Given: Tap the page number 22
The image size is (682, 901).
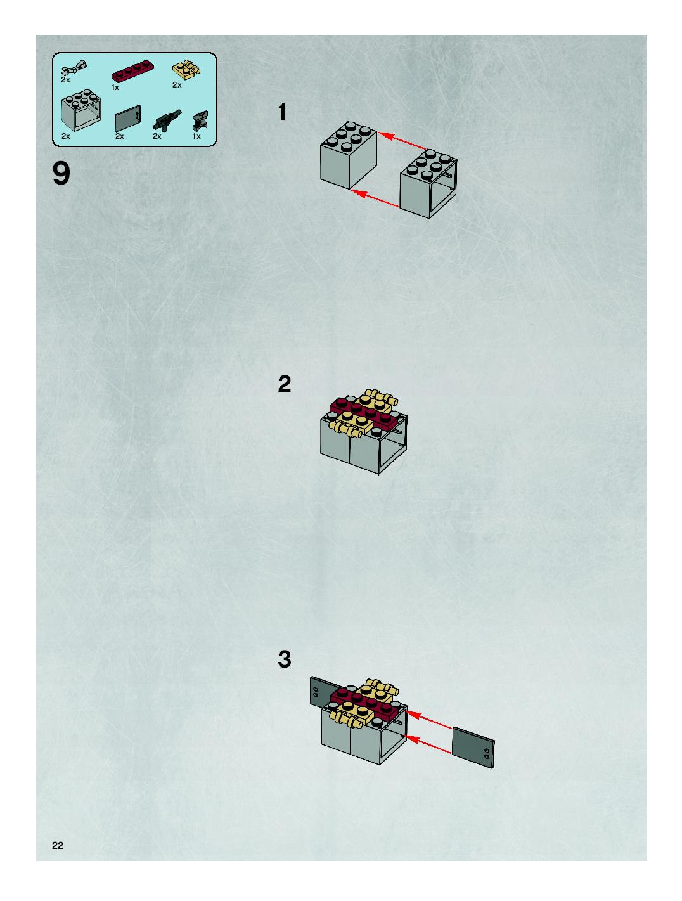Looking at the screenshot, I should (x=57, y=845).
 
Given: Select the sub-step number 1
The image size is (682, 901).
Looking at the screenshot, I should (x=282, y=113).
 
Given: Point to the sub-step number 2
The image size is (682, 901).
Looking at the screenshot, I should (x=284, y=384).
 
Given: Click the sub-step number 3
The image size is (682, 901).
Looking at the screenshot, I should (x=284, y=659).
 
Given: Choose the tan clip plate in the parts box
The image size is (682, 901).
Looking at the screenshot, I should (x=186, y=70).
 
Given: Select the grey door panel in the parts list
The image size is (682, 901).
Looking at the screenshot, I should (x=127, y=119).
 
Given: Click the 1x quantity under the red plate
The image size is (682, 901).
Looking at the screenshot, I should (x=115, y=88).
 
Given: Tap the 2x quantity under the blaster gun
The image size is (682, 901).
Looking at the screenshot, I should (x=157, y=136).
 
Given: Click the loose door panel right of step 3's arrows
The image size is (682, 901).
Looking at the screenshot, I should (x=473, y=748).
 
